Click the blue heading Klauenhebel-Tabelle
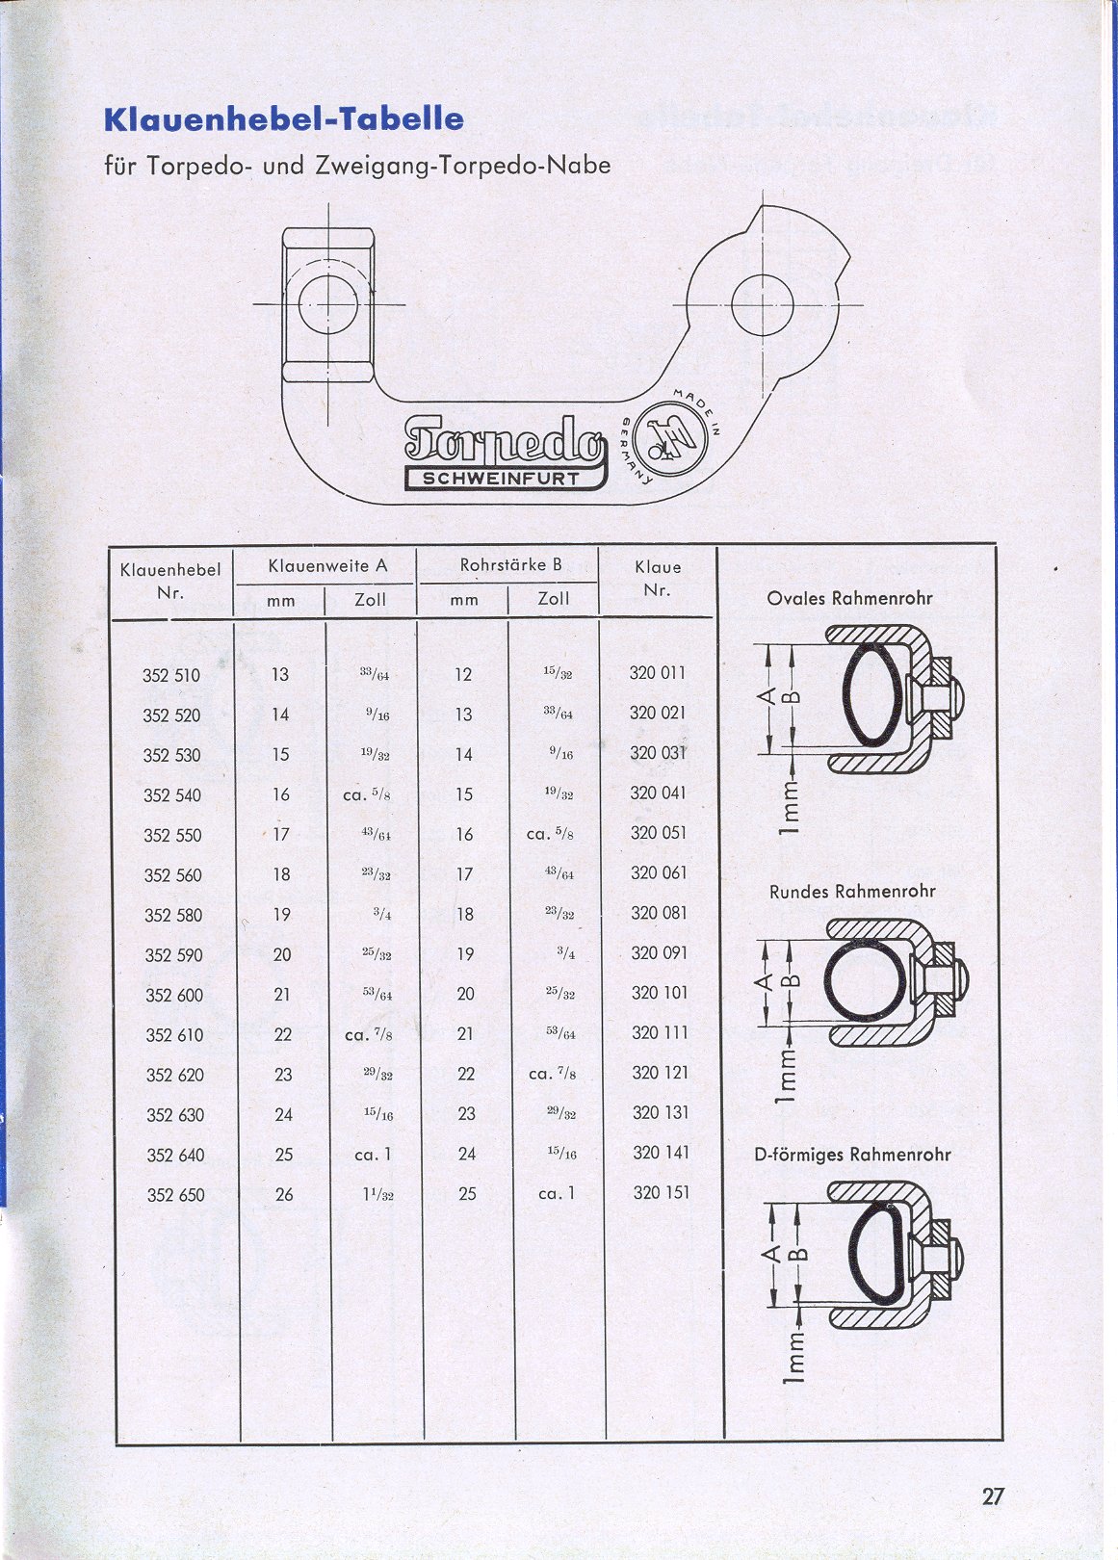point(284,119)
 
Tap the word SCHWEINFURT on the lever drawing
point(501,480)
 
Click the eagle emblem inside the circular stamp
point(667,439)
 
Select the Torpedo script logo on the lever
point(504,441)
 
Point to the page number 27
point(993,1495)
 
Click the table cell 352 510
point(171,675)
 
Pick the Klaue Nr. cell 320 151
point(661,1192)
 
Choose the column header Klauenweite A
point(327,565)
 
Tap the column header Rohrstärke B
point(510,564)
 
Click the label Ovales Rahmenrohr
point(849,598)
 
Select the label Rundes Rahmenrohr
point(852,891)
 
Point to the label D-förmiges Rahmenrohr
point(852,1155)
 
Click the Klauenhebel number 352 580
point(173,915)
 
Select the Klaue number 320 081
point(659,912)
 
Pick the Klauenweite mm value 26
point(284,1194)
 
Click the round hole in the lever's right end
point(763,305)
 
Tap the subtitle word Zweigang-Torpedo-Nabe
point(463,166)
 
